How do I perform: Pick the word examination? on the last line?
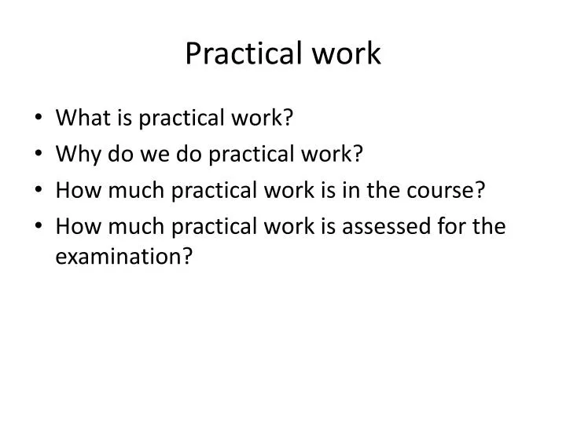pos(124,257)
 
